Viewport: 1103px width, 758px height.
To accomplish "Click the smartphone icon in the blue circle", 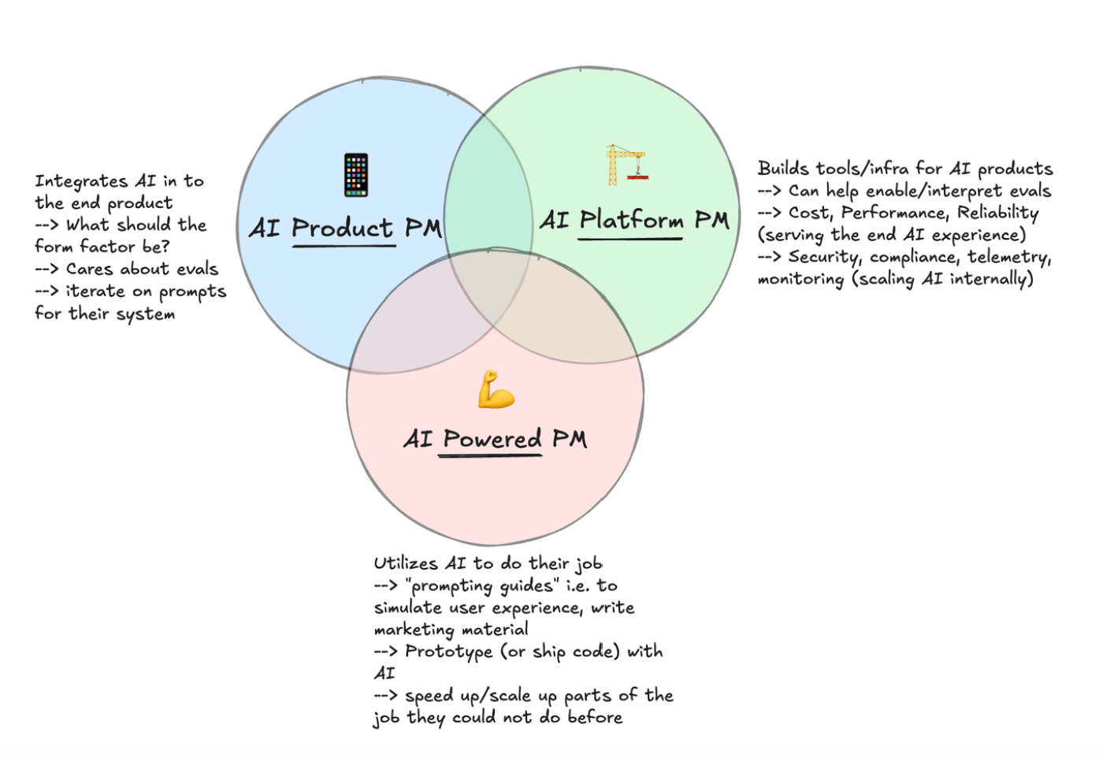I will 356,175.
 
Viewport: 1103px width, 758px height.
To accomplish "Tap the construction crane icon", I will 626,164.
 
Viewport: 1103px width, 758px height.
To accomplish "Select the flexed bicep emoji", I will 496,389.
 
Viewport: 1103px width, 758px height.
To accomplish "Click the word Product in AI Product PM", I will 342,228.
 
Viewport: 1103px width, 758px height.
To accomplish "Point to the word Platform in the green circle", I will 631,220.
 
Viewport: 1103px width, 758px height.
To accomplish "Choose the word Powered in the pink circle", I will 492,438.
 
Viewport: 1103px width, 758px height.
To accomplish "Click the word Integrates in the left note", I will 81,182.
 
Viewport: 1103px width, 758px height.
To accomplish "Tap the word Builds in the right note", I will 783,169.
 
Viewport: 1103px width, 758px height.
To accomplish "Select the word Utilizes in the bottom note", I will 405,563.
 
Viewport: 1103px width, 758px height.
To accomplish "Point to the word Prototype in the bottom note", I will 448,652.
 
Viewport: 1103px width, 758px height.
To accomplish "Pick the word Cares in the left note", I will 89,269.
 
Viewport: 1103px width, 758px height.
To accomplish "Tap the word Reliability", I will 997,213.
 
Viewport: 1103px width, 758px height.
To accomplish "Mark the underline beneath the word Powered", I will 490,455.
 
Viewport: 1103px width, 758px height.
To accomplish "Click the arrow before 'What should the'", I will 46,225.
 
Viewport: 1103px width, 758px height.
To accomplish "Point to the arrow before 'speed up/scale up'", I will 385,696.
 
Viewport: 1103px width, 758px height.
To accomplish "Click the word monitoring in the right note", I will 800,279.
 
